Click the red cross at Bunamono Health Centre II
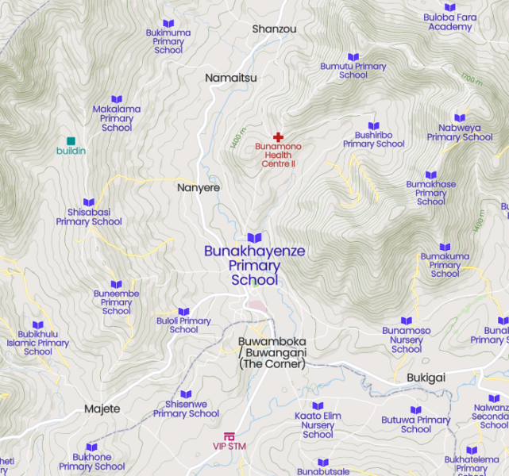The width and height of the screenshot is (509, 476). coord(278,137)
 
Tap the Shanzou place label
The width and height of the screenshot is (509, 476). coord(274,29)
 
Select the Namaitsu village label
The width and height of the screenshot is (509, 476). coord(231,78)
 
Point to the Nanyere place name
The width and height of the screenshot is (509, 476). coord(198,188)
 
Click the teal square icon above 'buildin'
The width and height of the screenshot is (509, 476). coord(71,141)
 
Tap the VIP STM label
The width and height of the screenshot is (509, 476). coord(229,446)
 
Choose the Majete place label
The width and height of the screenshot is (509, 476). coord(102,409)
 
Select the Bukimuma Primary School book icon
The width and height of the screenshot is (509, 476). coord(168,24)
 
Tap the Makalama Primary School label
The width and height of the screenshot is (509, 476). coord(117,118)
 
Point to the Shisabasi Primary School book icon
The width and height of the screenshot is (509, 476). coord(89,203)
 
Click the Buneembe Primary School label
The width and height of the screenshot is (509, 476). coord(117,302)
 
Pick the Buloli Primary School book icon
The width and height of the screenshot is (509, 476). coord(183,312)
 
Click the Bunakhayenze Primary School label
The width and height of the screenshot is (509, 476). coord(254,266)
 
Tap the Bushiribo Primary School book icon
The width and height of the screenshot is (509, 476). coord(374,125)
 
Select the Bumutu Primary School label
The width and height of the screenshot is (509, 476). coord(353,71)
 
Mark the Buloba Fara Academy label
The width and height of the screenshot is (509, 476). coord(450,21)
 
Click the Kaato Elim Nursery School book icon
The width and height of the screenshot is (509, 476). coord(318,406)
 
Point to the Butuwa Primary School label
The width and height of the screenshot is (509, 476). coord(416,424)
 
